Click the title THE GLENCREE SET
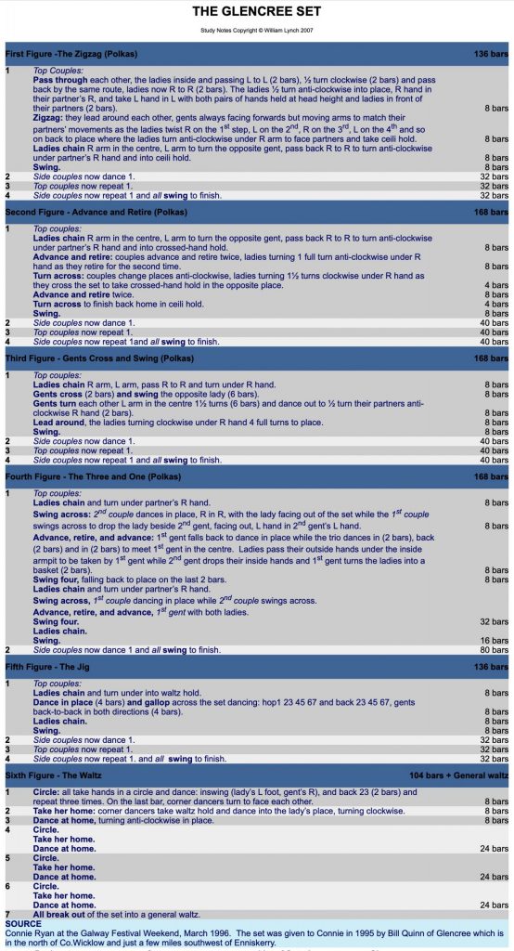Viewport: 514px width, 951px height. click(x=257, y=12)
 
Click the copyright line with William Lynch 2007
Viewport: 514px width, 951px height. click(x=257, y=31)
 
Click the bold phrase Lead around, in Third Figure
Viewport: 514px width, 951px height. click(x=63, y=422)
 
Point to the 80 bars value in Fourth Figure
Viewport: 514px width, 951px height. click(x=495, y=650)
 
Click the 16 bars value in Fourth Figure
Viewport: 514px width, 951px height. click(x=495, y=641)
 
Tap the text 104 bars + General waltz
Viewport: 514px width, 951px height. click(x=458, y=774)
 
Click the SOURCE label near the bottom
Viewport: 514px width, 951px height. click(x=22, y=924)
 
